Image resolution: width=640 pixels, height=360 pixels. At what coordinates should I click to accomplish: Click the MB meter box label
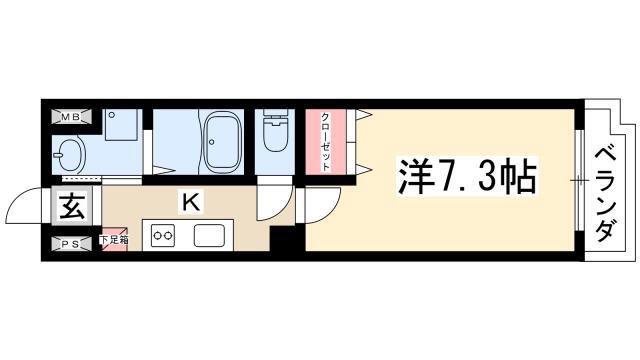[71, 117]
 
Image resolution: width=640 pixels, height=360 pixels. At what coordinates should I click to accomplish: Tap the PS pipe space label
[71, 244]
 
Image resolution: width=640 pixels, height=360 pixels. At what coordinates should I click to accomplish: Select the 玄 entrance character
[72, 207]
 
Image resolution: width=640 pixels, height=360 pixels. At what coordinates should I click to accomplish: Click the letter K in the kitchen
[191, 202]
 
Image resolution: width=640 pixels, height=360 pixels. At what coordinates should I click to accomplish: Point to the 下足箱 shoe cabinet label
[114, 240]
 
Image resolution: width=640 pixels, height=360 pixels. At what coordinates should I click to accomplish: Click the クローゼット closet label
[325, 141]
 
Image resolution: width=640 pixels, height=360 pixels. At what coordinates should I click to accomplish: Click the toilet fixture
[275, 130]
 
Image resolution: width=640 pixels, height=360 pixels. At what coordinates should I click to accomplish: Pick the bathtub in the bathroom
[221, 142]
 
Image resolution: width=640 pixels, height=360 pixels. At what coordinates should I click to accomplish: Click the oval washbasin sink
[69, 155]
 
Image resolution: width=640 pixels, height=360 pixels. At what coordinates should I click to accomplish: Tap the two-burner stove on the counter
[163, 236]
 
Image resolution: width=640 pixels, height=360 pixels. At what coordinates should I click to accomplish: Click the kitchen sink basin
[209, 236]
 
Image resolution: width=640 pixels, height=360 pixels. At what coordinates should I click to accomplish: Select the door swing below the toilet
[274, 203]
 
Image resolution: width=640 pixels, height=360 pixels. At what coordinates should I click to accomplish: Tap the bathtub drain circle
[211, 142]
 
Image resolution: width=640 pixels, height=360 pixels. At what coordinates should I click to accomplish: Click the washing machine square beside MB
[121, 124]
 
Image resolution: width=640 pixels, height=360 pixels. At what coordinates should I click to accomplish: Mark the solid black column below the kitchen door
[287, 239]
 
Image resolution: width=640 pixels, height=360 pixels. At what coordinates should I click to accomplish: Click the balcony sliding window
[579, 180]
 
